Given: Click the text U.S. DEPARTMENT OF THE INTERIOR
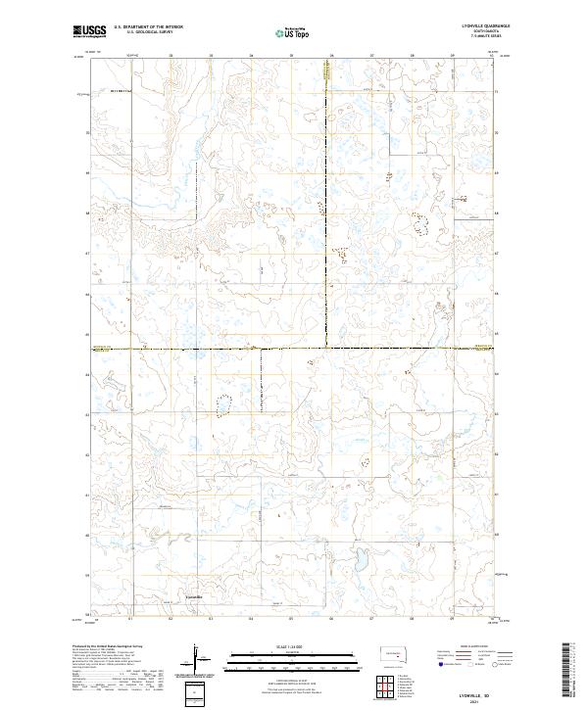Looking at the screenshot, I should tap(148, 27).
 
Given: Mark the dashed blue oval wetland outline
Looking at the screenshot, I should tap(224, 402).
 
